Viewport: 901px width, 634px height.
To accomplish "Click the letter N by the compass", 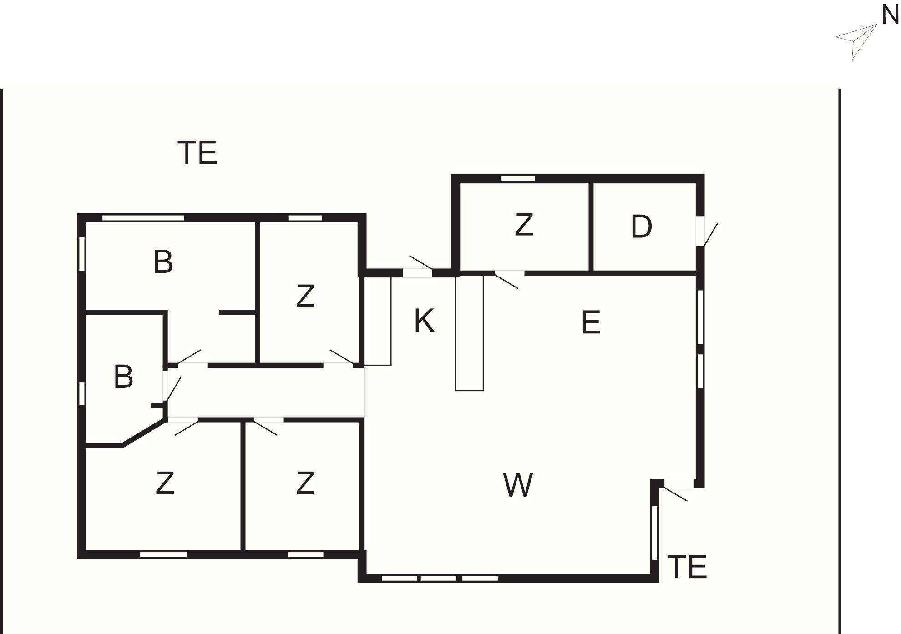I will click(890, 15).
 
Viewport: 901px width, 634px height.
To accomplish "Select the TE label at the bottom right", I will click(687, 567).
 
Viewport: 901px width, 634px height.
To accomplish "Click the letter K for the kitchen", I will click(424, 321).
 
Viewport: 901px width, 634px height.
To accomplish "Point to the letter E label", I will click(591, 323).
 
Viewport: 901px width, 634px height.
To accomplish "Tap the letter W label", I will click(518, 485).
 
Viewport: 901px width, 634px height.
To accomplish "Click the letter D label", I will click(641, 226).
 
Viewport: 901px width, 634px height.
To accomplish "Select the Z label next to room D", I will click(524, 225).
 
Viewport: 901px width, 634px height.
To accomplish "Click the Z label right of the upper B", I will click(305, 296).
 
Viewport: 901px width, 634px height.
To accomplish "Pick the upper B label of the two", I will click(163, 262).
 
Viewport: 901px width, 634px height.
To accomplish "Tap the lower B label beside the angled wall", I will click(123, 377).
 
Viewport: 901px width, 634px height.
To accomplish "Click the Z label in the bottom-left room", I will click(165, 483).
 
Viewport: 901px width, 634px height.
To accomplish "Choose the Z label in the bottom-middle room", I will click(305, 483).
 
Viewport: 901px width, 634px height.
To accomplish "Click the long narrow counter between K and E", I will click(469, 332).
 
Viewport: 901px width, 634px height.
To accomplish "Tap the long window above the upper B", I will click(143, 218).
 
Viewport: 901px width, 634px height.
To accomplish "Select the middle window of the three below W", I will click(438, 578).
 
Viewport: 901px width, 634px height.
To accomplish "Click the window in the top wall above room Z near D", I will click(518, 179).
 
